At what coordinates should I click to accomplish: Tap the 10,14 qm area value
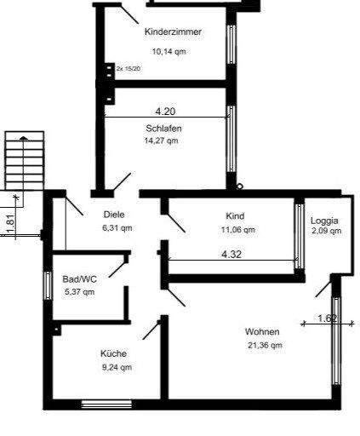tap(169, 51)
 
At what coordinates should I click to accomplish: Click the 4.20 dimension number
tap(166, 112)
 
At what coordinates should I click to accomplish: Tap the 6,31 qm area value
tap(117, 228)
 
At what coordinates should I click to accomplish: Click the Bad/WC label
tap(78, 278)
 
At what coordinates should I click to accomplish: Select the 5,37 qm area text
tap(79, 291)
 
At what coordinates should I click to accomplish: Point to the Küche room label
tap(114, 354)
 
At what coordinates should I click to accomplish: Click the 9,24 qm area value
tap(116, 368)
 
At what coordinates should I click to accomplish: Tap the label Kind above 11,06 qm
tap(235, 216)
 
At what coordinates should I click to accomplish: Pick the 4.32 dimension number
tap(232, 254)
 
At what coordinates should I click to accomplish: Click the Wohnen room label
tap(262, 331)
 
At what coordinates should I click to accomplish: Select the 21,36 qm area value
tap(264, 345)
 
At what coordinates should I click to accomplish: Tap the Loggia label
tap(325, 219)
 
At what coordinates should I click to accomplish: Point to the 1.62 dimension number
tap(329, 319)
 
